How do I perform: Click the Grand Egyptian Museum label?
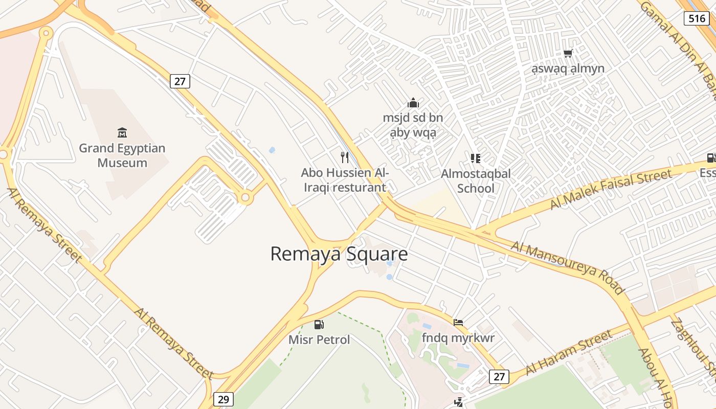[x=122, y=155]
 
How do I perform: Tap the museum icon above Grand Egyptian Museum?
[x=122, y=133]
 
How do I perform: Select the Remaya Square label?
[x=339, y=254]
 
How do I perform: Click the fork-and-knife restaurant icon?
[x=345, y=157]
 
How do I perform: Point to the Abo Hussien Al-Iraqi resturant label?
[x=345, y=180]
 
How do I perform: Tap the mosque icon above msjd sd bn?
[x=413, y=103]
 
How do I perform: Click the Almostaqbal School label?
[x=476, y=180]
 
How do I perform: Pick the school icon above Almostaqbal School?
[x=476, y=158]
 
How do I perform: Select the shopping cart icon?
[x=568, y=53]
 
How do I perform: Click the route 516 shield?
[x=697, y=19]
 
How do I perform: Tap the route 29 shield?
[x=223, y=399]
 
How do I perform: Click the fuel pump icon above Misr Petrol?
[x=319, y=324]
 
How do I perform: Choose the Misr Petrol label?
[x=319, y=339]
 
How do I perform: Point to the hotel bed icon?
[x=458, y=322]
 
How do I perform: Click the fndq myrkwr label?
[x=458, y=338]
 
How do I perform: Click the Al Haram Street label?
[x=569, y=352]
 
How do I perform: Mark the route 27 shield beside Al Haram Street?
[x=499, y=377]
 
